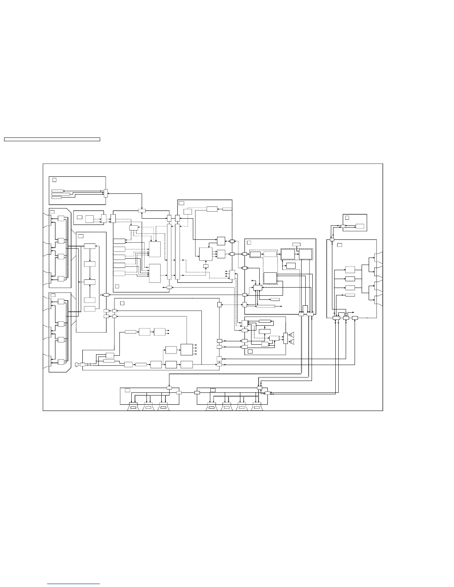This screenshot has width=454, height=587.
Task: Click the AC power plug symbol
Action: (x=78, y=364)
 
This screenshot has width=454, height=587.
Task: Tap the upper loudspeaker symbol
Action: (x=292, y=334)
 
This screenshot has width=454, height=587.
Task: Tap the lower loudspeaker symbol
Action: (x=292, y=341)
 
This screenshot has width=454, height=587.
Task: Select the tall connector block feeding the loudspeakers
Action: (x=285, y=338)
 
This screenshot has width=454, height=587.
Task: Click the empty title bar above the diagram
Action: (x=52, y=139)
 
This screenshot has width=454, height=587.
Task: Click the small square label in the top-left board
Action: (x=54, y=180)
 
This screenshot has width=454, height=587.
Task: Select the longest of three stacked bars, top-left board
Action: (x=60, y=194)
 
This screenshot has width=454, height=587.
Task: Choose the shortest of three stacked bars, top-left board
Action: (x=56, y=198)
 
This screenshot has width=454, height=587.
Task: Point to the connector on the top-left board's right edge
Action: (x=105, y=193)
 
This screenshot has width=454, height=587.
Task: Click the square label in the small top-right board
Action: (x=347, y=218)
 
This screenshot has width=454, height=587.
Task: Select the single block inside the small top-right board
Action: (x=359, y=226)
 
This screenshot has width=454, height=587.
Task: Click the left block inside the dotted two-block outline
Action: (x=288, y=254)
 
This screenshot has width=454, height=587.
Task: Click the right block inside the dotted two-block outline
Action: (x=306, y=254)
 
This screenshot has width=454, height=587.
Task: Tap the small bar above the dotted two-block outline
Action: (x=296, y=244)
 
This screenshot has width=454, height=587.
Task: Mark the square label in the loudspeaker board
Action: (x=250, y=351)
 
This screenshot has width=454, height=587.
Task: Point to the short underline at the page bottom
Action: (x=73, y=584)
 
